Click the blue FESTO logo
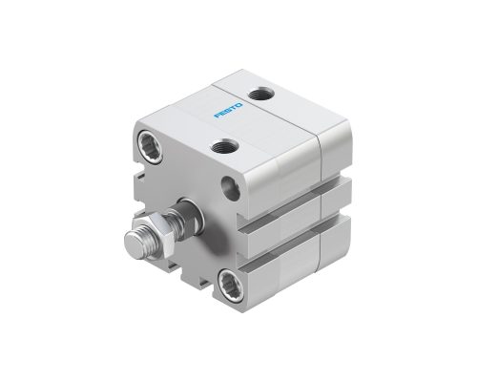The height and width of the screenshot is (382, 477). tap(229, 110)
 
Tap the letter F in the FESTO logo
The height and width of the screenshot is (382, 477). tap(218, 117)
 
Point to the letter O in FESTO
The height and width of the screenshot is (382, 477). tap(239, 104)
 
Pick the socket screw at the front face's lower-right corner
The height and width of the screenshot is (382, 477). tap(231, 285)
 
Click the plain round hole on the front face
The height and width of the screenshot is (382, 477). tap(231, 188)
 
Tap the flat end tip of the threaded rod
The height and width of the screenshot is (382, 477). tap(133, 244)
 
